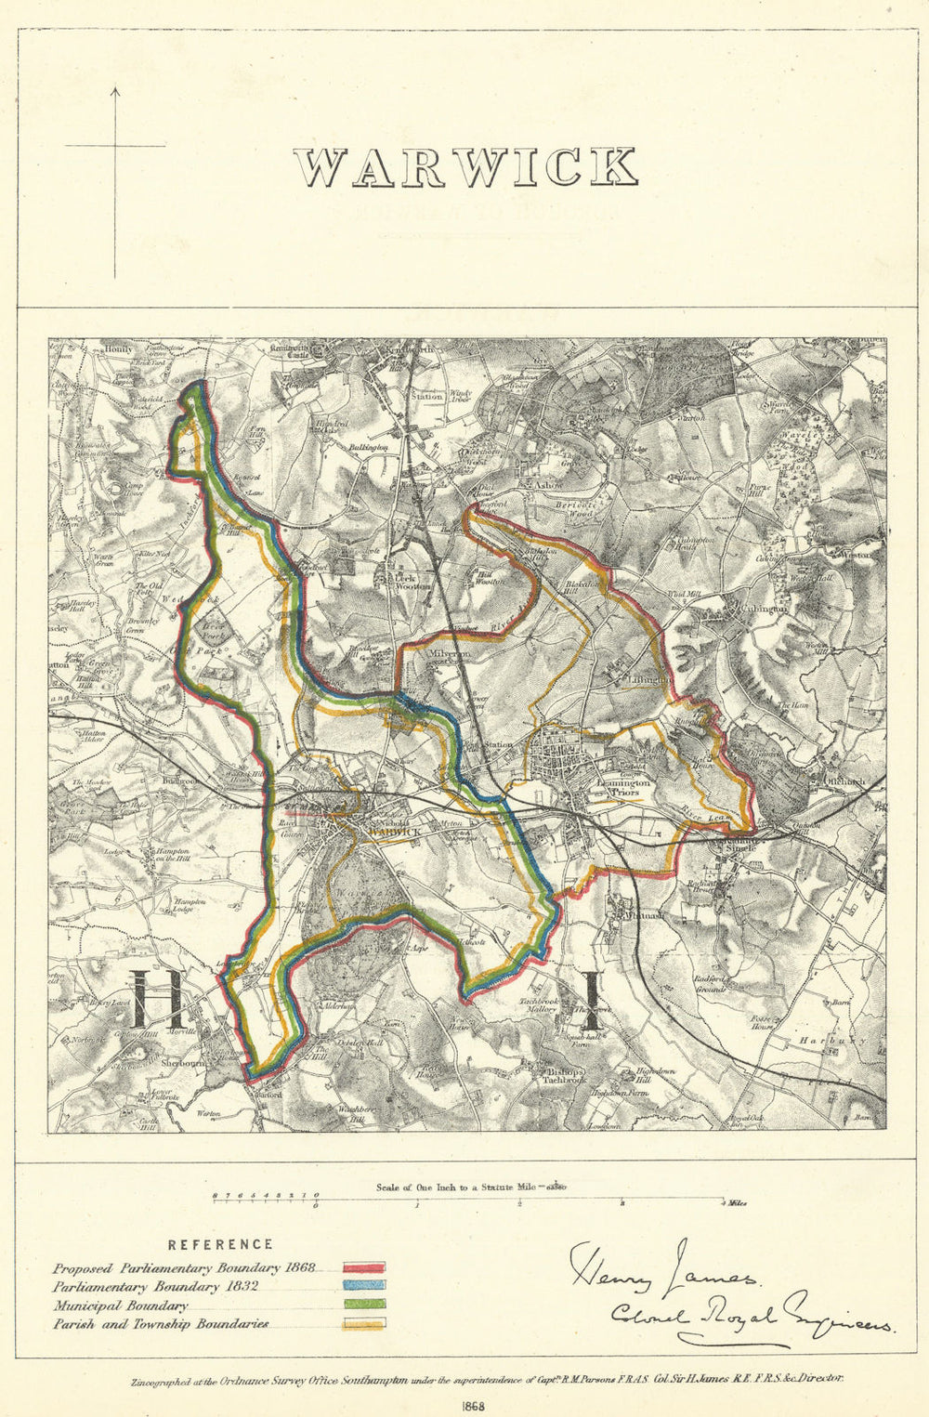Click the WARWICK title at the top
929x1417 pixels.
tap(465, 167)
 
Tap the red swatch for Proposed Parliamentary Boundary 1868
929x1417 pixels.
tap(364, 1267)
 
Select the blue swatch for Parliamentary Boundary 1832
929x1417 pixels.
tap(364, 1286)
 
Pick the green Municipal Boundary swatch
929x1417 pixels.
tap(364, 1305)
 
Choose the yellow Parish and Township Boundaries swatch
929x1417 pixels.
tap(364, 1324)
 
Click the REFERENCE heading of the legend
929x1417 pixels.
tap(220, 1244)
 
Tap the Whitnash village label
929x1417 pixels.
tap(631, 914)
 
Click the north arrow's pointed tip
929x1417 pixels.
tap(115, 88)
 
